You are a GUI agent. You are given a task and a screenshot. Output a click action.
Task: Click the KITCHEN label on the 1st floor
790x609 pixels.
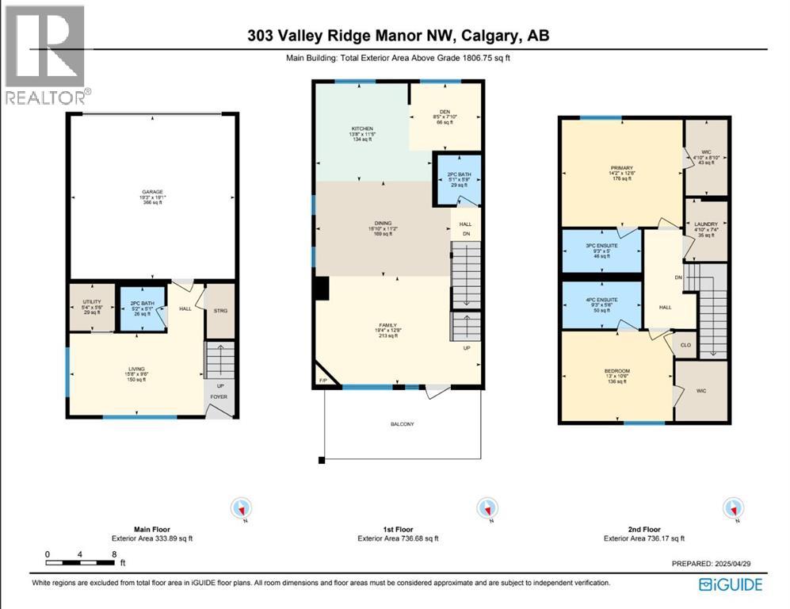(362, 128)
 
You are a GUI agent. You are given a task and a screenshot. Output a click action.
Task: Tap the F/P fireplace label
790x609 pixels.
(321, 381)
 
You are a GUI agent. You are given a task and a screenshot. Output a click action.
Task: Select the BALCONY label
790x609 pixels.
(402, 424)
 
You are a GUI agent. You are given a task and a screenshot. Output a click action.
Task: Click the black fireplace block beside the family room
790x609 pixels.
(321, 289)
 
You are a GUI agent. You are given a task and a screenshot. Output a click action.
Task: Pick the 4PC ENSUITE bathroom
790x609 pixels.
(601, 298)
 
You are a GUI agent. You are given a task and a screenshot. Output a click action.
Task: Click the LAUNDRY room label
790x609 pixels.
(705, 225)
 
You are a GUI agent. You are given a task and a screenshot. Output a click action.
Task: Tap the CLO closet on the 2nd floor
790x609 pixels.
(685, 345)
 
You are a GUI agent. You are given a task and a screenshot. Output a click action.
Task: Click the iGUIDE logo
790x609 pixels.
(731, 584)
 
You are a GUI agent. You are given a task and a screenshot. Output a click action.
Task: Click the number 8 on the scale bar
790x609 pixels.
(114, 554)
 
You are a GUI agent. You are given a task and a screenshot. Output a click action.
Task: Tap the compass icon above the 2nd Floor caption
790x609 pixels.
(734, 507)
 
